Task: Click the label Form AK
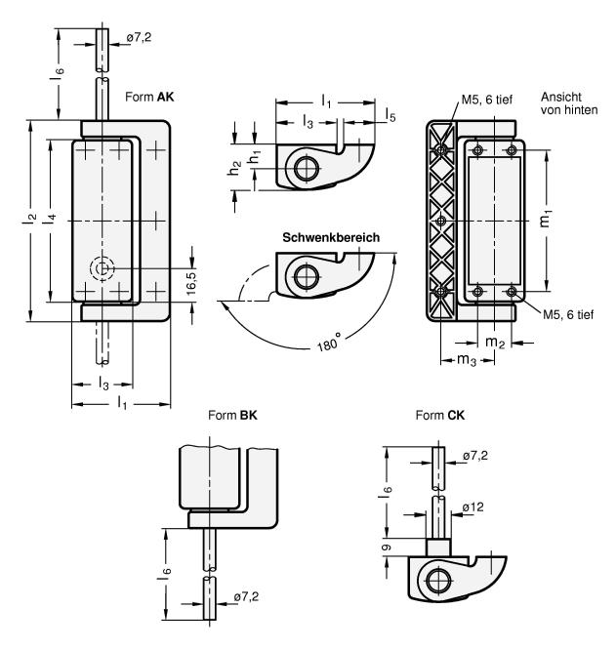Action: coord(147,98)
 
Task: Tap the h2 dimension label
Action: coord(235,168)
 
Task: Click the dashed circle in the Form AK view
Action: coord(101,268)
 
